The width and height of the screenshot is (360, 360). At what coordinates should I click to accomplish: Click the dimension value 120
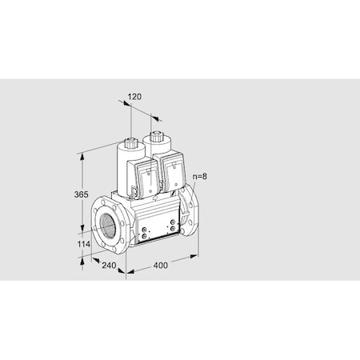(134, 97)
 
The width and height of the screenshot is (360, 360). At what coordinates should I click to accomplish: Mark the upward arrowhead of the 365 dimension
(82, 154)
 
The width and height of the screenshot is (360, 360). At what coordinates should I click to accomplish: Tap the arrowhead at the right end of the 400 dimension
(196, 256)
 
